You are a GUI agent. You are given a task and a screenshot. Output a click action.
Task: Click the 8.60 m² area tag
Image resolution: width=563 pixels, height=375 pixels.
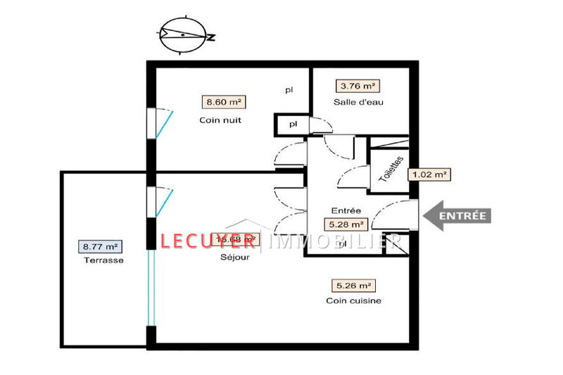tap(224, 102)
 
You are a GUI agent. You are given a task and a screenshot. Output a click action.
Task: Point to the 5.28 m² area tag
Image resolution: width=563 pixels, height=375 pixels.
tap(346, 225)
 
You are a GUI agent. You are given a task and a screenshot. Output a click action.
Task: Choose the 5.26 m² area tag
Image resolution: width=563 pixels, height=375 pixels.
tap(353, 286)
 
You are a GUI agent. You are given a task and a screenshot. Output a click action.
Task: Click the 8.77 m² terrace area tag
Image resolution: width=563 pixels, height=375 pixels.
tap(100, 247)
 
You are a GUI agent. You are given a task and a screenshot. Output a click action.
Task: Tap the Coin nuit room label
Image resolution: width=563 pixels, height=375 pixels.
tap(220, 120)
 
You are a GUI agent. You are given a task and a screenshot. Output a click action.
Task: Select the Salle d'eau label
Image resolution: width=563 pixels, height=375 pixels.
tap(358, 103)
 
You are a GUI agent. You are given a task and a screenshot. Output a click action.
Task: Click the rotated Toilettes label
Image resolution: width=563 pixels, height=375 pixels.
tap(392, 170)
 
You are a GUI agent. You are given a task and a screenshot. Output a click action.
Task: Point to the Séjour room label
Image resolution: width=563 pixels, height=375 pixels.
tap(229, 257)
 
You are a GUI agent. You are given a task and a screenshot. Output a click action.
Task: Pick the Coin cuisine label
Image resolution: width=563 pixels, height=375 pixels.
tap(353, 301)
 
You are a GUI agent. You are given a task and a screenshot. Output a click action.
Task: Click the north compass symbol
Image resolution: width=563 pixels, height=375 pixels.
tap(184, 34)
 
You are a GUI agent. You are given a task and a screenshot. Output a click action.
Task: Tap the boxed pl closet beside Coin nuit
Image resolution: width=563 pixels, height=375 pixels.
tap(291, 125)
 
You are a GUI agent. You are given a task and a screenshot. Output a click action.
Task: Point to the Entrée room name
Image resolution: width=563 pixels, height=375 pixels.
tap(346, 210)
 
